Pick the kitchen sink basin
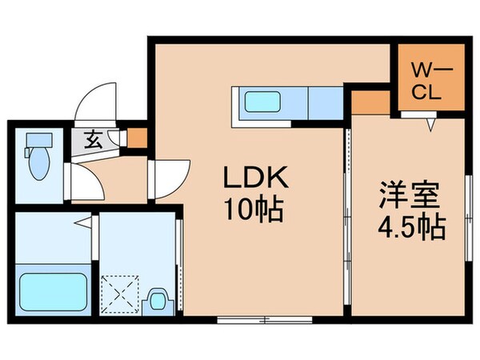click(262, 104)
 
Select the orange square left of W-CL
click(368, 101)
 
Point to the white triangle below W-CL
click(430, 124)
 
